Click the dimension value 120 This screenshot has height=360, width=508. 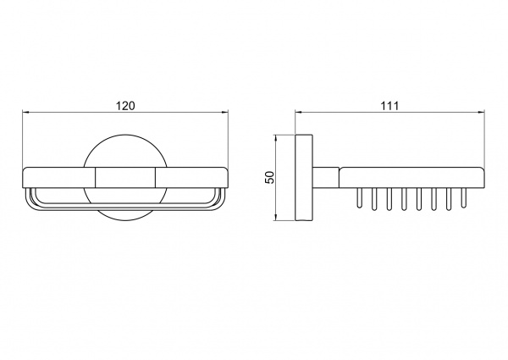[x=125, y=106]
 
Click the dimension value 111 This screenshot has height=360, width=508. [x=389, y=106]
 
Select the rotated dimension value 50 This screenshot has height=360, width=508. [x=269, y=178]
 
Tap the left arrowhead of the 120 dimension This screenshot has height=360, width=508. [x=26, y=113]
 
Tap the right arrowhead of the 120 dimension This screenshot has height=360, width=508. [x=225, y=113]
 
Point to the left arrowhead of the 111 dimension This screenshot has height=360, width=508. [x=298, y=113]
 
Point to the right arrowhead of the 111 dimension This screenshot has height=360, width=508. [x=481, y=113]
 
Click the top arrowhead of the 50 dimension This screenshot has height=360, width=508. [x=276, y=138]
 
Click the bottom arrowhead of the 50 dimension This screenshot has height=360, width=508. [x=276, y=218]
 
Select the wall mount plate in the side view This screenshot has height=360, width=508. [x=304, y=178]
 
